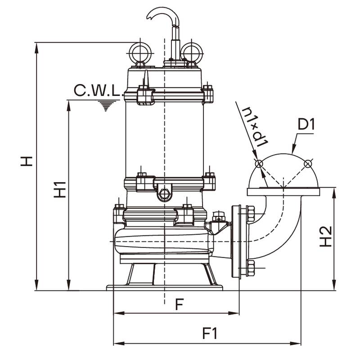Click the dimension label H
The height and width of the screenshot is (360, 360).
[x=27, y=161]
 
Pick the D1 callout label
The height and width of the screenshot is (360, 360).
[x=306, y=125]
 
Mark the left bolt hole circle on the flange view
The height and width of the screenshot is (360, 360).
[x=259, y=164]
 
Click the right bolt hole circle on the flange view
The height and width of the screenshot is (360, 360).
[x=308, y=164]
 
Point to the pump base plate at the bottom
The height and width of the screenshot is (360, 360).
[x=165, y=288]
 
